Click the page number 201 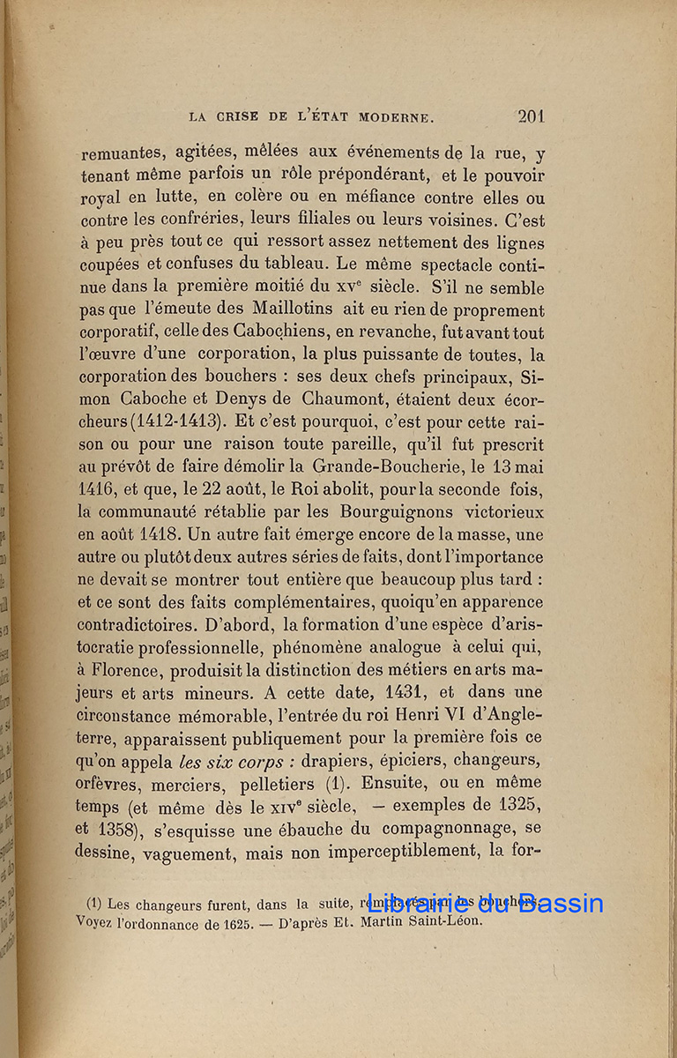[x=531, y=116]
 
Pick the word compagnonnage [x=444, y=828]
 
